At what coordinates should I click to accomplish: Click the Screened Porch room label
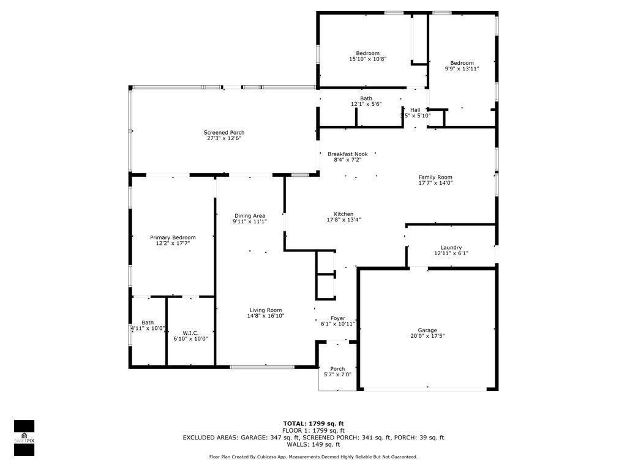pyautogui.click(x=224, y=133)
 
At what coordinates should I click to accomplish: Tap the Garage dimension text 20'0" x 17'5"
pyautogui.click(x=427, y=336)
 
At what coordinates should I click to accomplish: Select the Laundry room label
pyautogui.click(x=451, y=247)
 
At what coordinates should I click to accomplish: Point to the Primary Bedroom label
pyautogui.click(x=173, y=237)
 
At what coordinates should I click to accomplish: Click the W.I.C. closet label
pyautogui.click(x=190, y=333)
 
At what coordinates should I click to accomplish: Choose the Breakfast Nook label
pyautogui.click(x=347, y=154)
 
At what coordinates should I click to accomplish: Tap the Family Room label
pyautogui.click(x=435, y=177)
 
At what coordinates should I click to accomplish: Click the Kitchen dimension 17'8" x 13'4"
pyautogui.click(x=344, y=220)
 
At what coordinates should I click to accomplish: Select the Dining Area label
pyautogui.click(x=250, y=215)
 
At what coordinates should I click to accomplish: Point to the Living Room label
pyautogui.click(x=266, y=310)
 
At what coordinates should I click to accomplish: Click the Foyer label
pyautogui.click(x=338, y=318)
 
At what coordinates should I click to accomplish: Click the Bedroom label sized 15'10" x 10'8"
pyautogui.click(x=367, y=53)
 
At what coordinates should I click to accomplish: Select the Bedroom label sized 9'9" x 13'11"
pyautogui.click(x=462, y=63)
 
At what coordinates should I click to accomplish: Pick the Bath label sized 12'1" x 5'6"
pyautogui.click(x=366, y=99)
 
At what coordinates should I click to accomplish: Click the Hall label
pyautogui.click(x=415, y=110)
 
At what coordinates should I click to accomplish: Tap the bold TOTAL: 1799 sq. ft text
pyautogui.click(x=313, y=423)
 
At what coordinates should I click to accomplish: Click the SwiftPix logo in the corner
pyautogui.click(x=24, y=438)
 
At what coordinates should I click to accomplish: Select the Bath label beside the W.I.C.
pyautogui.click(x=148, y=323)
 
